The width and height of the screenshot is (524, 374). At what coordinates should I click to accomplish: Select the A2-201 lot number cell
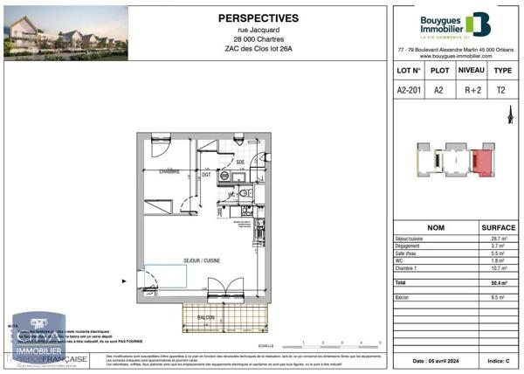click(x=409, y=88)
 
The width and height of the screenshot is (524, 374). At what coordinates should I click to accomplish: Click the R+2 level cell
click(x=472, y=88)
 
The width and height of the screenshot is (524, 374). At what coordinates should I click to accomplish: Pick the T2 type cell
click(x=501, y=88)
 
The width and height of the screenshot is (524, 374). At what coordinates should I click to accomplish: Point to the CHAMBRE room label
click(x=169, y=172)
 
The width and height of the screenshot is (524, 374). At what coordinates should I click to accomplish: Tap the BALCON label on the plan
click(x=206, y=317)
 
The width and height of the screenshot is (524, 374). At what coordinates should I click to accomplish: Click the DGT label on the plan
click(x=207, y=175)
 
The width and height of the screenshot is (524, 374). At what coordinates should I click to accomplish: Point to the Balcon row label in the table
click(x=404, y=297)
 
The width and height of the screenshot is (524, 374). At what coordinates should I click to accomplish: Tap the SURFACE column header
click(x=499, y=226)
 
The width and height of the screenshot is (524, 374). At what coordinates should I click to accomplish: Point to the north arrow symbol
click(x=510, y=114)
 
